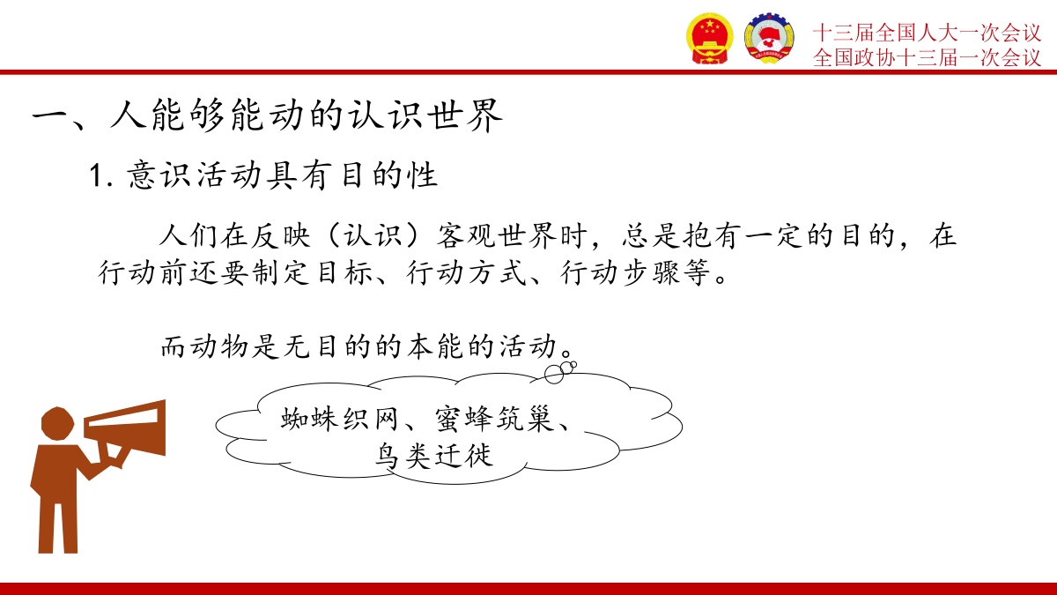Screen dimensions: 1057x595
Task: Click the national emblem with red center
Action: (x=709, y=38)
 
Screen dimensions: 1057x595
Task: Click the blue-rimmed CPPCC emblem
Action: (x=769, y=38)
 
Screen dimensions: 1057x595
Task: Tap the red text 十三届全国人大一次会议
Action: (x=927, y=33)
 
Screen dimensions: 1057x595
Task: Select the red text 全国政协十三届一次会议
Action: (x=927, y=57)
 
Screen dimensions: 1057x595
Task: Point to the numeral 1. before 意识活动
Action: (x=101, y=175)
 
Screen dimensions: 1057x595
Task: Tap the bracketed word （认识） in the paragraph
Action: (x=373, y=235)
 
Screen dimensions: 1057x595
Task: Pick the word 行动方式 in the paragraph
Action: (x=466, y=272)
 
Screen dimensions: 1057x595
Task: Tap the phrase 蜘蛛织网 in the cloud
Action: (x=340, y=419)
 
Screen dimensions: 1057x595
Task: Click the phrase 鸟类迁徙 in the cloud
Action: (x=433, y=456)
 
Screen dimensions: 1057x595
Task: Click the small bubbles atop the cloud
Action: (x=560, y=372)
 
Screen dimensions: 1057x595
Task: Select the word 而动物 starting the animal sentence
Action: (x=204, y=346)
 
